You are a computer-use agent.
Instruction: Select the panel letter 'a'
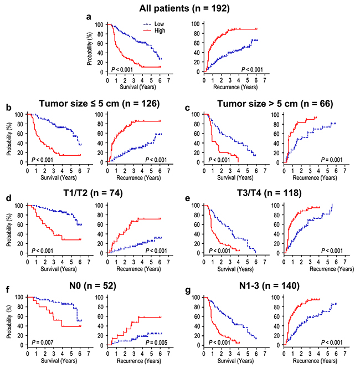(88, 17)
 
